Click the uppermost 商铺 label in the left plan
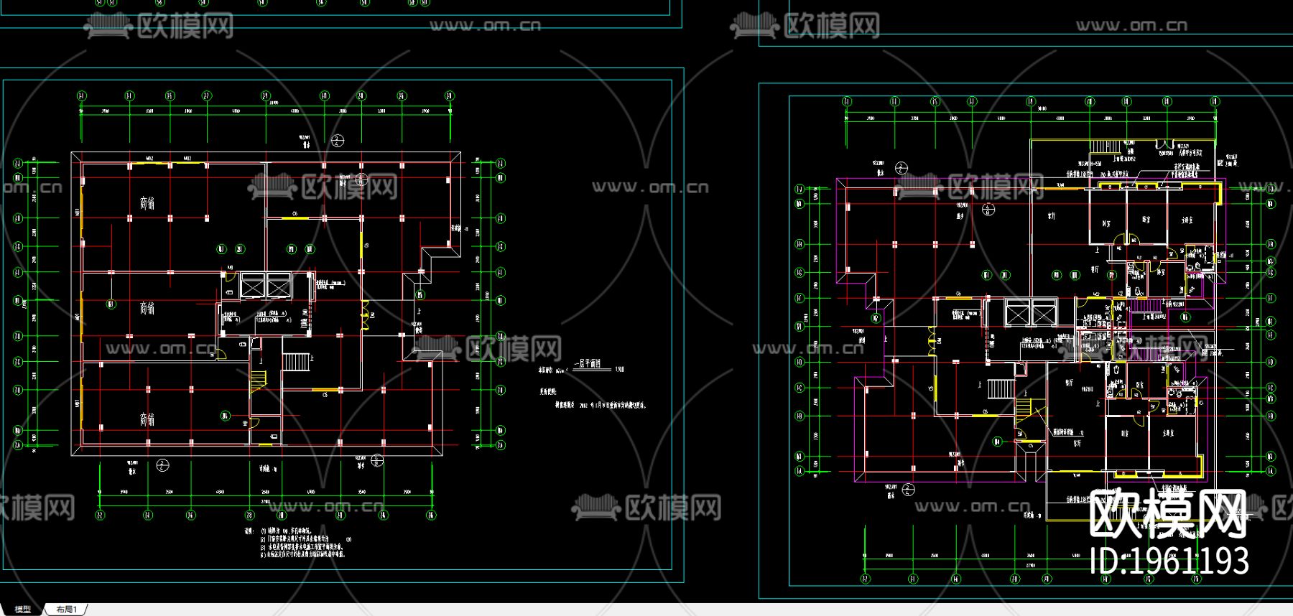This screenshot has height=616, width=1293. [147, 203]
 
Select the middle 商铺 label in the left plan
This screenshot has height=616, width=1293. [147, 308]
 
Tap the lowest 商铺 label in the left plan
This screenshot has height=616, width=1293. [147, 419]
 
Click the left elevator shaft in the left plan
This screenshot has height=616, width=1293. [253, 286]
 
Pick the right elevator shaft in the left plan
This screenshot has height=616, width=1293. [278, 286]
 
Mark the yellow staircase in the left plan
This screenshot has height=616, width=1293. [258, 379]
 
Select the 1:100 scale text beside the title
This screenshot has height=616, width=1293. [619, 370]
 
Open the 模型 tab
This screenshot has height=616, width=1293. [22, 610]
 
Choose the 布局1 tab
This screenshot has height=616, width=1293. [66, 610]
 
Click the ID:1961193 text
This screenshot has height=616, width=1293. [1169, 561]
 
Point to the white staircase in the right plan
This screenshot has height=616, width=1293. [1001, 389]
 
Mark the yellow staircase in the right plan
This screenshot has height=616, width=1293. [1023, 410]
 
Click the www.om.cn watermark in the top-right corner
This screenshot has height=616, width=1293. [1131, 26]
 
